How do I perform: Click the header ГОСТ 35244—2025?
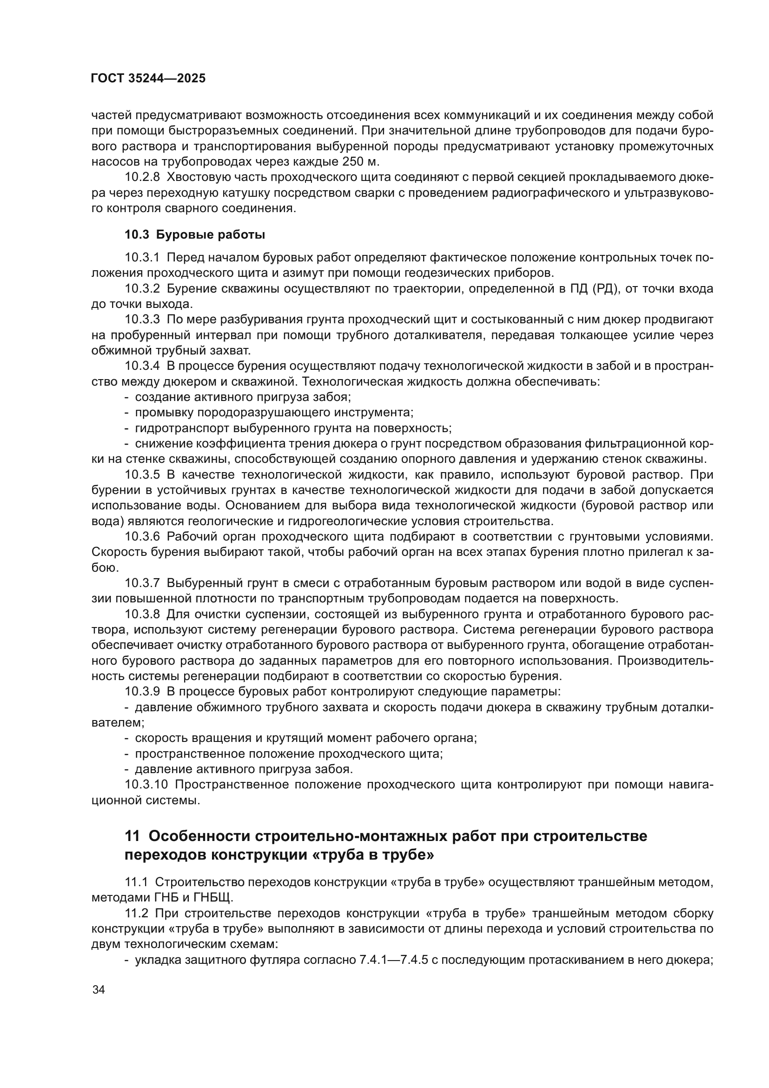tap(148, 79)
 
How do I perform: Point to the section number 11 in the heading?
tap(132, 836)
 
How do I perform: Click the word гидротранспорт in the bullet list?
tap(182, 428)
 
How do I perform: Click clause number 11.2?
tap(136, 914)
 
